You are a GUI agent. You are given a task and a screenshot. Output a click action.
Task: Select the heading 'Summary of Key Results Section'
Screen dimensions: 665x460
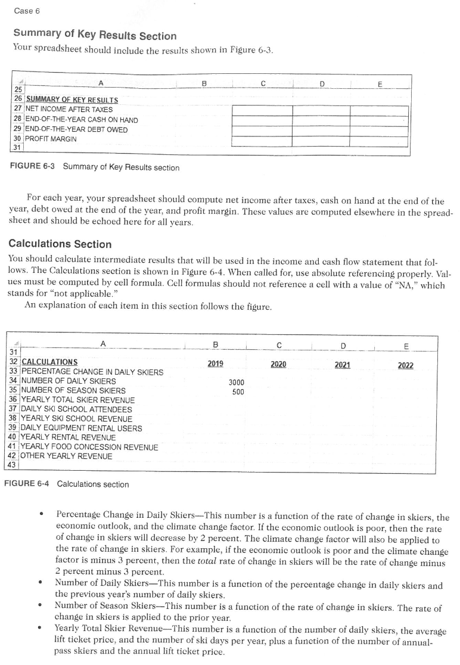tap(95, 35)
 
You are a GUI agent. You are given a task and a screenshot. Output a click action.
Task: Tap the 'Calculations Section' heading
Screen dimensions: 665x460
tap(60, 244)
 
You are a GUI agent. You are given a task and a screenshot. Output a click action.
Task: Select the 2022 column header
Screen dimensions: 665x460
tap(405, 365)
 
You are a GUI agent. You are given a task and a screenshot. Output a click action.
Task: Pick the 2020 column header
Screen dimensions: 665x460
tap(279, 363)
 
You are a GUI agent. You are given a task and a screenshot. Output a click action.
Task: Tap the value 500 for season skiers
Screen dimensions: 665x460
tap(238, 392)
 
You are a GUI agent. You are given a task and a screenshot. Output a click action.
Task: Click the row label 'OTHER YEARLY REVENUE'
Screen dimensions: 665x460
tap(67, 456)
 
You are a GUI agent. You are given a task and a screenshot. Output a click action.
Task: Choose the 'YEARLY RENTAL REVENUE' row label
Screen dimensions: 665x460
tap(69, 437)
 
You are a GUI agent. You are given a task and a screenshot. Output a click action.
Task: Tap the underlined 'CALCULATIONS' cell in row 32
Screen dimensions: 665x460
tap(49, 362)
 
